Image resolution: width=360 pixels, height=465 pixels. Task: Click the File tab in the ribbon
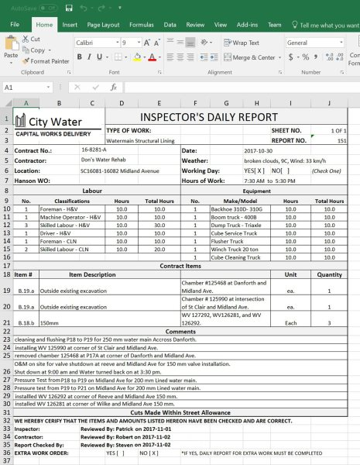click(x=15, y=25)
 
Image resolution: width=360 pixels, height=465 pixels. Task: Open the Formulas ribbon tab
click(x=142, y=25)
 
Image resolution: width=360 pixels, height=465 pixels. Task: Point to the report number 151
click(x=341, y=140)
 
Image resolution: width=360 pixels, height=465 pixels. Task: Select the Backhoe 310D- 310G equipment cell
click(x=237, y=209)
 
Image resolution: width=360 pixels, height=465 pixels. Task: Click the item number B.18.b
click(x=25, y=322)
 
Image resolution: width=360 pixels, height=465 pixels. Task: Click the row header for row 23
click(x=5, y=339)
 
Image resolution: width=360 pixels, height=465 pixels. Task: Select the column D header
click(x=121, y=103)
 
